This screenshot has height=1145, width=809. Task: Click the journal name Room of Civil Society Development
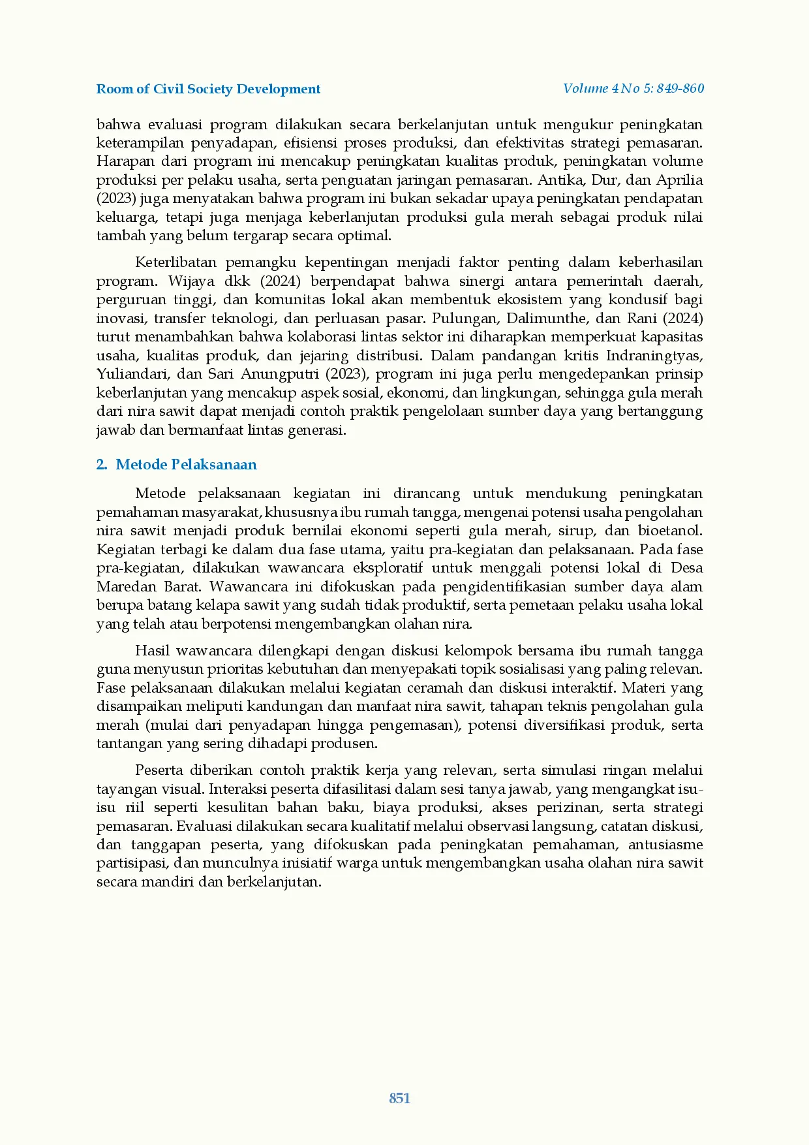pos(208,89)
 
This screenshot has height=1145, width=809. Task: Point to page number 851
pos(399,1098)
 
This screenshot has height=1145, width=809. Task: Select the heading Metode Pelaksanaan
pos(186,464)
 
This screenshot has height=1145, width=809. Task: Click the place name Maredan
pos(125,586)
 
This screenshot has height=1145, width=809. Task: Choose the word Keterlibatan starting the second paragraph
pos(176,262)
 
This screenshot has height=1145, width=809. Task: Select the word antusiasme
pos(665,845)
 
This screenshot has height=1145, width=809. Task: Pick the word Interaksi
pos(237,789)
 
